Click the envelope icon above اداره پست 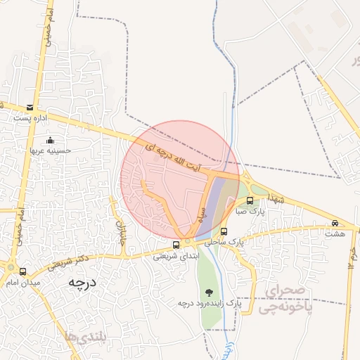point(30,108)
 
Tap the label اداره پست point(30,118)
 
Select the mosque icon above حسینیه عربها point(49,140)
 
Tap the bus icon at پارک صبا point(250,200)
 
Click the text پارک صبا point(250,210)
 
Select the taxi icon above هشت point(335,224)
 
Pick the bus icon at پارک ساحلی point(224,231)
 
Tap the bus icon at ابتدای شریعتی point(176,245)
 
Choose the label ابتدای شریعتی point(176,256)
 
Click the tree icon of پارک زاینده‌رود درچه point(208,292)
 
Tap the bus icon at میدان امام point(23,271)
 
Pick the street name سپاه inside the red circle point(202,212)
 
